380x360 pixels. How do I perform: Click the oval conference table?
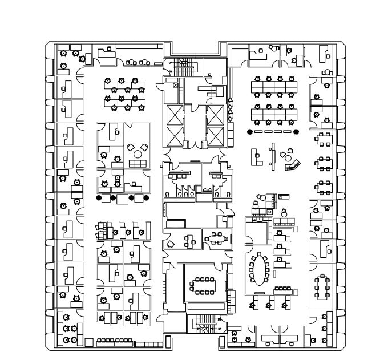(x=260, y=270)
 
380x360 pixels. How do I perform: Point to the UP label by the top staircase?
(x=170, y=62)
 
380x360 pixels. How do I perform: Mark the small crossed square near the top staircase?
(x=175, y=85)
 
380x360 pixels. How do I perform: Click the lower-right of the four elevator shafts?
(x=215, y=136)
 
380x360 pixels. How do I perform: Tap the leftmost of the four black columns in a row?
(x=99, y=198)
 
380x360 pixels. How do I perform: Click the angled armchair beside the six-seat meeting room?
(x=171, y=244)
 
